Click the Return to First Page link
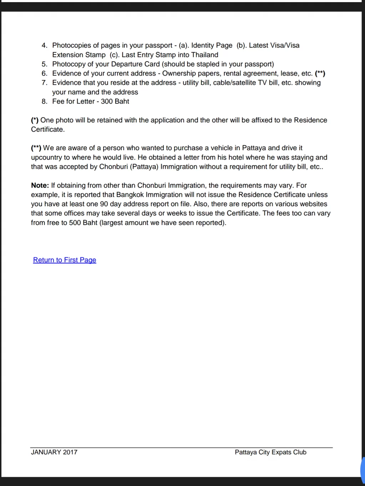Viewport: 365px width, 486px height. pyautogui.click(x=65, y=260)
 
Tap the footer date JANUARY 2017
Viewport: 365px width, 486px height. pyautogui.click(x=54, y=452)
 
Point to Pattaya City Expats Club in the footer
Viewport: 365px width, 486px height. pyautogui.click(x=270, y=452)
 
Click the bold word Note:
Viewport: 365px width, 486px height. pyautogui.click(x=40, y=185)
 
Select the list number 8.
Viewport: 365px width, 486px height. pyautogui.click(x=44, y=101)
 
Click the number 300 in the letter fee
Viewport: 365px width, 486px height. pyautogui.click(x=107, y=101)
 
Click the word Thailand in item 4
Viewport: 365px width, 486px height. pyautogui.click(x=204, y=55)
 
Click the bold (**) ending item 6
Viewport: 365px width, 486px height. pyautogui.click(x=320, y=73)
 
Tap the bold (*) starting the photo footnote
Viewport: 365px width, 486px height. pyautogui.click(x=35, y=120)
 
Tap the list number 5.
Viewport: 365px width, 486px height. pyautogui.click(x=44, y=64)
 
